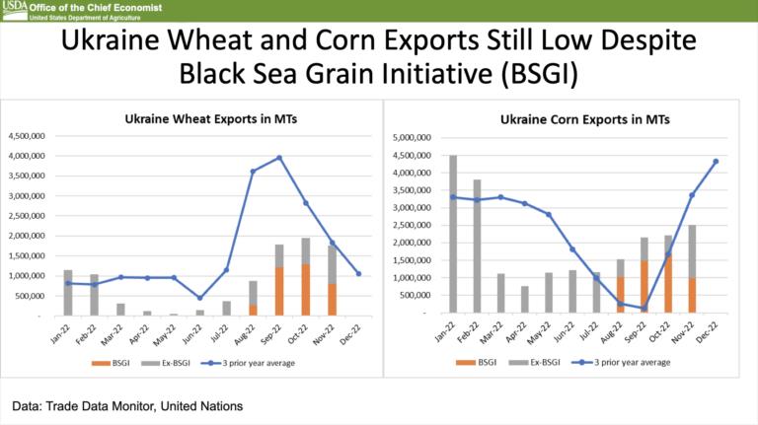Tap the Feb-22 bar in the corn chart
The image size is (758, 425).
477,247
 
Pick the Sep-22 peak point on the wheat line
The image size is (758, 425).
279,158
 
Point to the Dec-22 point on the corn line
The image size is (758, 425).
716,162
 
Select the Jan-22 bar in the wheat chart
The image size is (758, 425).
68,293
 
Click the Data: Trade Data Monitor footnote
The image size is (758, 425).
127,405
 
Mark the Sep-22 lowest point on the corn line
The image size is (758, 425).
644,309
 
